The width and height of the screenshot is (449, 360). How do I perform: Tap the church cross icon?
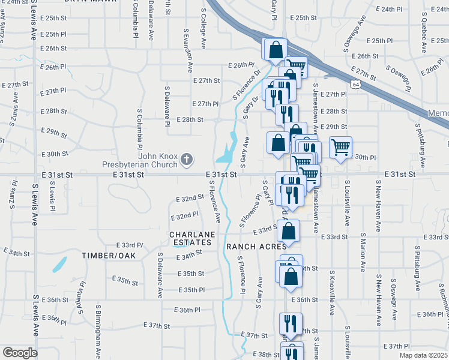(x=187, y=159)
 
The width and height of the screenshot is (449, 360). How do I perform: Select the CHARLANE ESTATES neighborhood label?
(x=190, y=238)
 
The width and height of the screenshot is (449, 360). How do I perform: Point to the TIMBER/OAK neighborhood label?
(x=110, y=256)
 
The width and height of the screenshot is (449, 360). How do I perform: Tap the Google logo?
(x=20, y=353)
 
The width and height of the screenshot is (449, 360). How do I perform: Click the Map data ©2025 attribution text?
(x=423, y=355)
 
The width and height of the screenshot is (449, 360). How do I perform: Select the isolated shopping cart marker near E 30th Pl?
(x=340, y=146)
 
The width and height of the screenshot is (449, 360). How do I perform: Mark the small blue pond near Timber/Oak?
(x=59, y=265)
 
